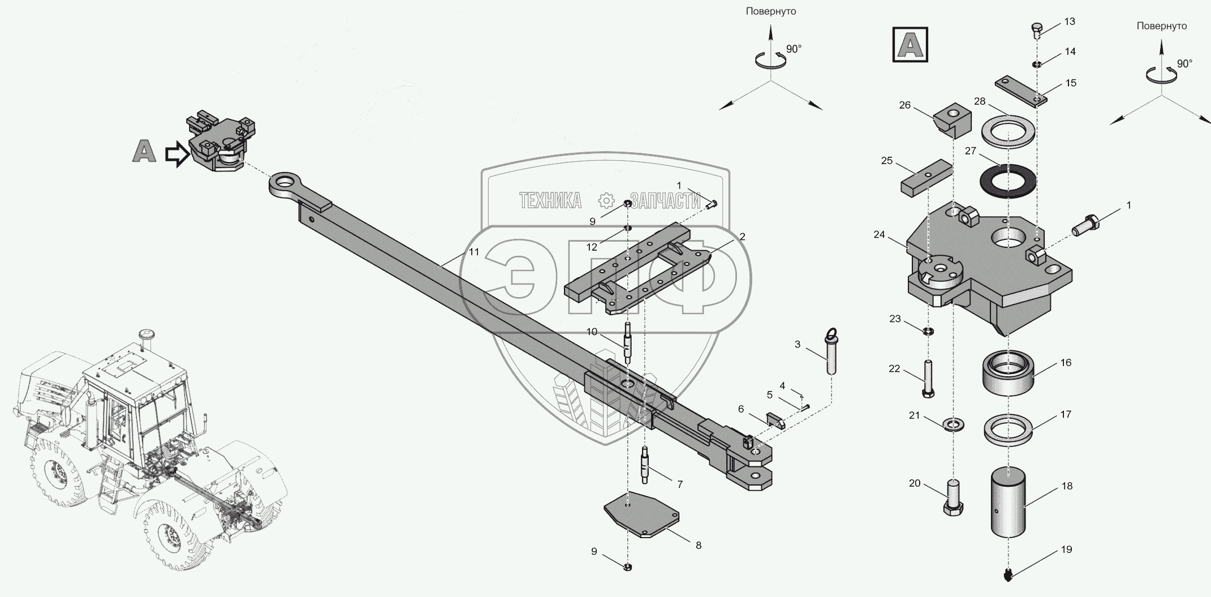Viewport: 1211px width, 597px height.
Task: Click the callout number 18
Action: click(1066, 486)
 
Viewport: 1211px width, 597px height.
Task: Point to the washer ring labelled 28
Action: click(1007, 134)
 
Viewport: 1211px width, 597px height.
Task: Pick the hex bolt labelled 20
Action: click(952, 496)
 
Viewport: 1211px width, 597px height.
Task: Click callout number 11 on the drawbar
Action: click(474, 252)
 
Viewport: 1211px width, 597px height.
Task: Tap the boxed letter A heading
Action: click(910, 44)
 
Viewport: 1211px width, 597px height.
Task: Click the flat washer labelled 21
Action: click(954, 424)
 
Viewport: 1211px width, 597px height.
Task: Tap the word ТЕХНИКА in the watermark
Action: click(550, 200)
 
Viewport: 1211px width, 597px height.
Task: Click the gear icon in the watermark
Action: click(606, 200)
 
